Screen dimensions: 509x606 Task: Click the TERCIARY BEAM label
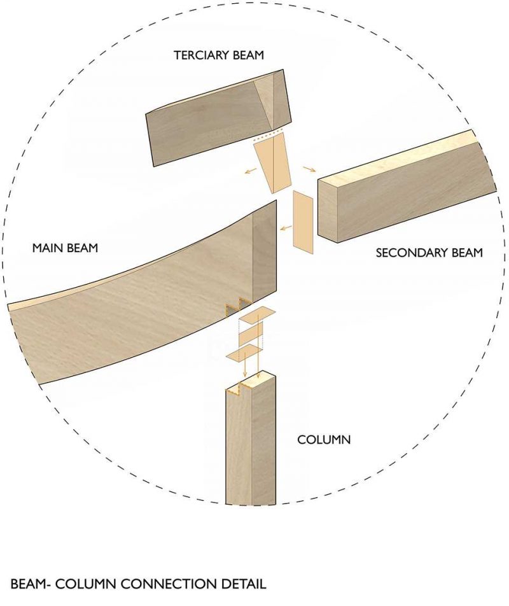pos(219,55)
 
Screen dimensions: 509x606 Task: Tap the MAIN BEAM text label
pos(65,248)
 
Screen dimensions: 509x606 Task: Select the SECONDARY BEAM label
pos(429,253)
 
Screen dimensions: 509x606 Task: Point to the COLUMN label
pos(324,439)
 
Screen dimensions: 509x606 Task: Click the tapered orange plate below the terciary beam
pos(273,163)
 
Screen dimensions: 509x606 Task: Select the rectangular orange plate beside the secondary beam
pos(303,222)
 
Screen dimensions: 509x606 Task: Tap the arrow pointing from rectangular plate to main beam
pos(286,229)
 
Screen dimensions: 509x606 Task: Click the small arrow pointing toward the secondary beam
pos(309,169)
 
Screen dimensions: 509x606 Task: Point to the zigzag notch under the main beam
pos(237,306)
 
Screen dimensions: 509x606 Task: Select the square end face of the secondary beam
pos(328,211)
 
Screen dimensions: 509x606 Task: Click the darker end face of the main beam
pos(265,255)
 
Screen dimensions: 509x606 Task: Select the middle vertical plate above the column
pos(251,335)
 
